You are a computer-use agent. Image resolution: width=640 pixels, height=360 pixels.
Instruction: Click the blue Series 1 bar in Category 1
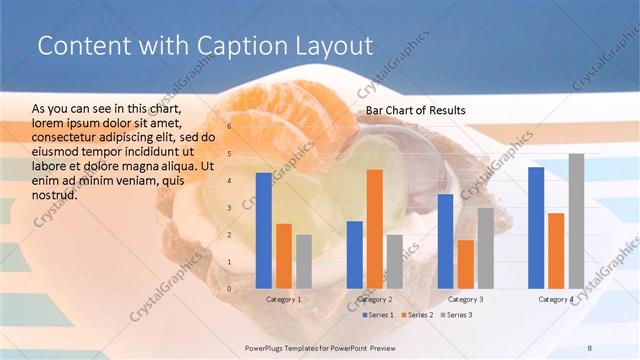(264, 231)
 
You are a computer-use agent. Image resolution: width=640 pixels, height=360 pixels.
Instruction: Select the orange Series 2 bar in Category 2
(374, 229)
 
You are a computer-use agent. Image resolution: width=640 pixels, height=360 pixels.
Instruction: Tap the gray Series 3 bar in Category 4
(576, 221)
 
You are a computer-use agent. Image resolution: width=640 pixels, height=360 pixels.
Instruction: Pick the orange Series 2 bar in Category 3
(465, 264)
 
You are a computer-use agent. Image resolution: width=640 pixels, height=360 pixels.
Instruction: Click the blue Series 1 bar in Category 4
(536, 228)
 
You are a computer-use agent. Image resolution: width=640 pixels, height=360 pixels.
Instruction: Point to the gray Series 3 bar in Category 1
(304, 262)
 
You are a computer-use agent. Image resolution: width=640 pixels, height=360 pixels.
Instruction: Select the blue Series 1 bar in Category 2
(354, 255)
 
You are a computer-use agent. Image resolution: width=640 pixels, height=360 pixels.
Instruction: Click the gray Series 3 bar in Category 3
(485, 248)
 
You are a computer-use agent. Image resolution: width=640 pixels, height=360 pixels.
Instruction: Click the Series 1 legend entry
(377, 315)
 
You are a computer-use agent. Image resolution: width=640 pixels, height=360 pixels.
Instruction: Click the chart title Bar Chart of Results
(415, 109)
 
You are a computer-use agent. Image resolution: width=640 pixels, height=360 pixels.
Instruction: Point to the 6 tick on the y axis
(229, 127)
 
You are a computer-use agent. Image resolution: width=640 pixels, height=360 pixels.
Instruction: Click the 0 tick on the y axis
(229, 289)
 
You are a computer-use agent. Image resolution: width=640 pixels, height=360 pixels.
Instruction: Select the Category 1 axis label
(283, 299)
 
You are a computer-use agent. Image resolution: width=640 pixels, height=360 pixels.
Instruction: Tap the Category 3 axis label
(465, 299)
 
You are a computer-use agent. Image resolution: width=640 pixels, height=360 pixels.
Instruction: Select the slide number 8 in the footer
(590, 346)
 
